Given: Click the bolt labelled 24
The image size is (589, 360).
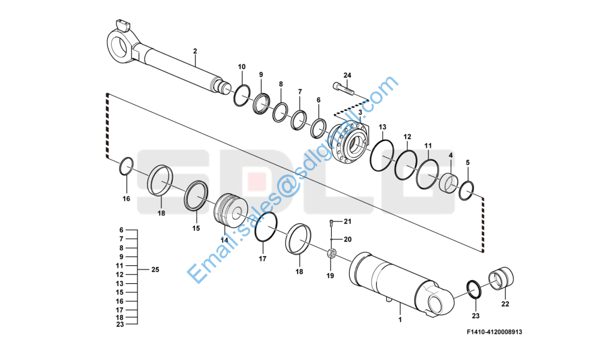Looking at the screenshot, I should pos(345,90).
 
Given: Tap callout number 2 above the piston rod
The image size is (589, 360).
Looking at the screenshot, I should pos(195,52).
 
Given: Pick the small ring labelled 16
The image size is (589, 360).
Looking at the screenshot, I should pos(126,166).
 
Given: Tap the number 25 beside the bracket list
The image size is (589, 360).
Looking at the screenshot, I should pos(155,270).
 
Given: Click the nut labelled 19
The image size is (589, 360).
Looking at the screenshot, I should pos(330,254).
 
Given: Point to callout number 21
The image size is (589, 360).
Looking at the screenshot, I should pos(347,222).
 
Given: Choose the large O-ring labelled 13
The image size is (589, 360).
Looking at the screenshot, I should pos(381,155).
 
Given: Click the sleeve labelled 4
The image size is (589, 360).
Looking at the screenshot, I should pos(448,182).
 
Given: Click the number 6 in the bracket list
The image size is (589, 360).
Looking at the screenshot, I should pos(121,230).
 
